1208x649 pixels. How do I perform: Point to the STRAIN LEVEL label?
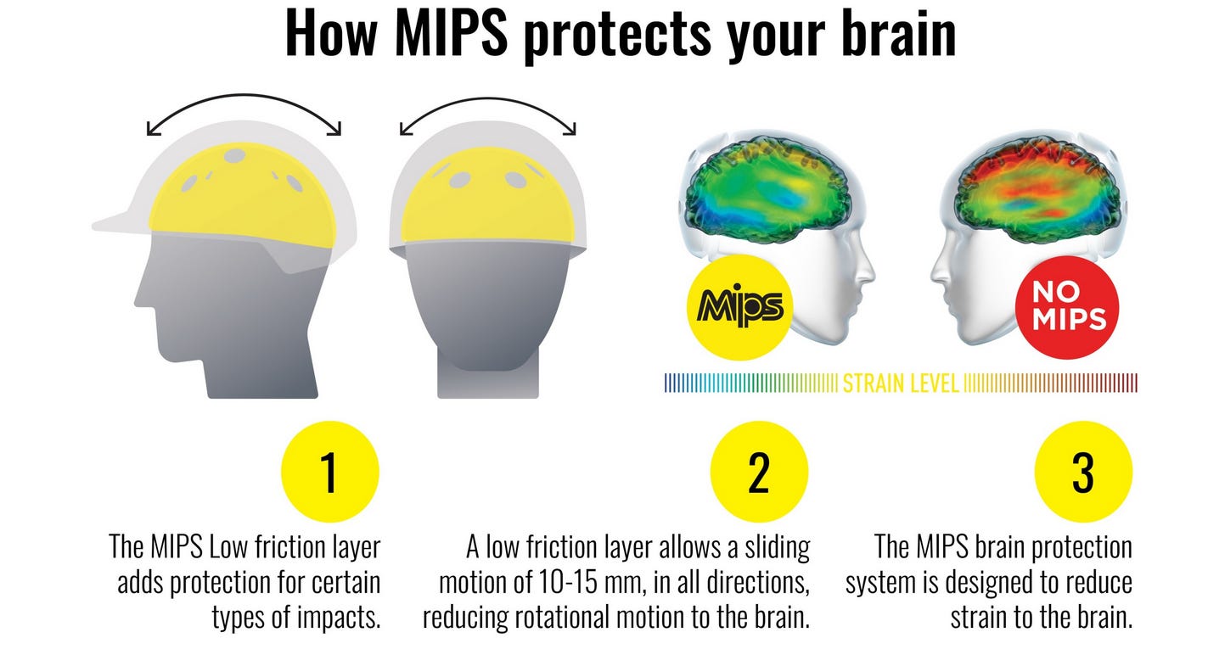point(900,383)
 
